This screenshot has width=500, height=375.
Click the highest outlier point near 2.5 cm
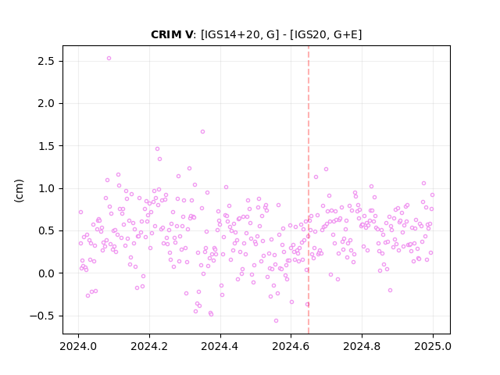pos(109,59)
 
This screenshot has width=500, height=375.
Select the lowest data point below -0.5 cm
pos(276,321)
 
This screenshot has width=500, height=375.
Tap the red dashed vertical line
pos(309,190)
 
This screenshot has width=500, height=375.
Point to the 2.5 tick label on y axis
pos(46,61)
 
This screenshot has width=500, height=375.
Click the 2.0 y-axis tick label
pos(46,104)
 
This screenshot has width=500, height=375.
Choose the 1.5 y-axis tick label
pos(46,146)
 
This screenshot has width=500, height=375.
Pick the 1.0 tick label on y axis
pos(46,188)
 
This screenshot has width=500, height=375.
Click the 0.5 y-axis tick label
pos(46,231)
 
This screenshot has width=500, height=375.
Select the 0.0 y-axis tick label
pos(46,273)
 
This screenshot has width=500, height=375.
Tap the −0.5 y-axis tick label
pos(42,316)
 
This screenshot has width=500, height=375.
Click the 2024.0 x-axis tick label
pos(78,346)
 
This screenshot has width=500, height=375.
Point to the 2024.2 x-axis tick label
pos(149,346)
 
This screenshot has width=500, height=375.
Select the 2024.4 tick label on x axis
pos(220,346)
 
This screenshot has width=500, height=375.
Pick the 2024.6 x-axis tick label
pos(291,346)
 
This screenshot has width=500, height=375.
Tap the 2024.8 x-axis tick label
pos(362,346)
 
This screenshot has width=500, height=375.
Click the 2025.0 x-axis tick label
pos(433,346)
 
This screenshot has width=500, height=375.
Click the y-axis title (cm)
pos(19,191)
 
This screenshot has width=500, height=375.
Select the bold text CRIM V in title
pos(172,34)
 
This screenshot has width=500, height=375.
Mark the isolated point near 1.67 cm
pos(202,132)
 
